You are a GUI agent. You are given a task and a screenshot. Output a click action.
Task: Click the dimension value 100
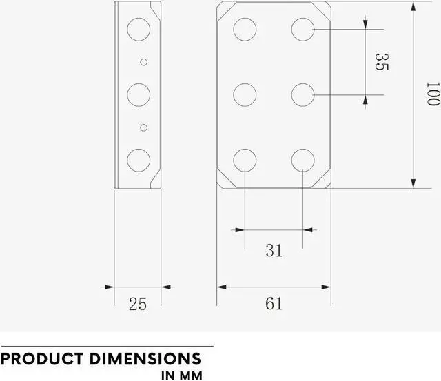tap(432, 94)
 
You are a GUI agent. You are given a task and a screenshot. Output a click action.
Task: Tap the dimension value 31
tap(274, 250)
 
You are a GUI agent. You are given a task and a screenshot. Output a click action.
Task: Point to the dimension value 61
tap(274, 303)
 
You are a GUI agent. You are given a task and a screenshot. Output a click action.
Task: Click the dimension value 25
tap(138, 304)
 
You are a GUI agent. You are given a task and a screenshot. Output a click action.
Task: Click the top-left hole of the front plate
tap(245, 29)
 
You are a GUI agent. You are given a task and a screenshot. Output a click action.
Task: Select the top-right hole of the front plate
tap(303, 29)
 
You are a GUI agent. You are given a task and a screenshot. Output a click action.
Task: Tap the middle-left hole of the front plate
tap(245, 94)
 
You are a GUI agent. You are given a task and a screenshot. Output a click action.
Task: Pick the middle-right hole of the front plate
tap(303, 94)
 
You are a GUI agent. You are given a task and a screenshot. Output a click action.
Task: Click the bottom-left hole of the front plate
tap(245, 160)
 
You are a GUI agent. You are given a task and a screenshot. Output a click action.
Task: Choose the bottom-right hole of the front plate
tap(303, 160)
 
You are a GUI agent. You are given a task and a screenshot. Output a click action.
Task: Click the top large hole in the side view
tap(139, 29)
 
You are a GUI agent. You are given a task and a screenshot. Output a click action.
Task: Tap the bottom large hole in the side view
tap(139, 160)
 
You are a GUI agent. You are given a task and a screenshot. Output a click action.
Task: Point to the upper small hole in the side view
tap(143, 62)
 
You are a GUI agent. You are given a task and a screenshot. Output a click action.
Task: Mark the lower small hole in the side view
tap(143, 127)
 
